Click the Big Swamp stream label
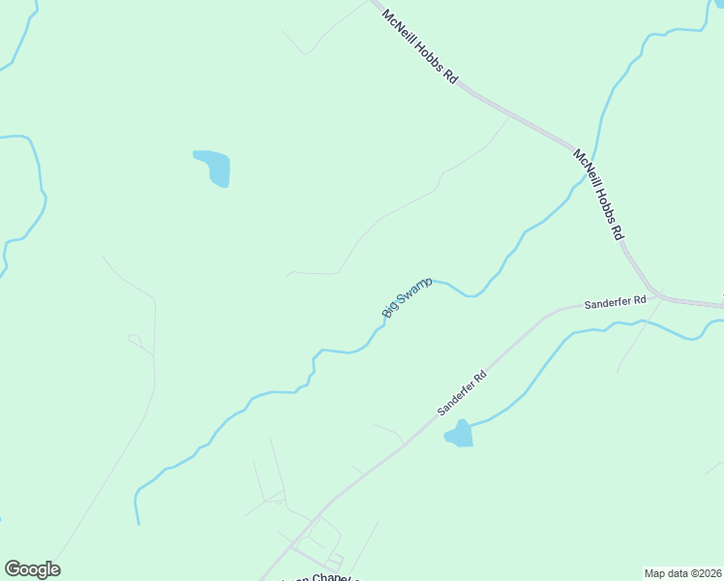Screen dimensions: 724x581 pos(407,296)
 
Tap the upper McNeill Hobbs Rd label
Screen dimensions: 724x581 pos(420,46)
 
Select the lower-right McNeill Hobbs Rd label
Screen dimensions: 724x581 pos(598,195)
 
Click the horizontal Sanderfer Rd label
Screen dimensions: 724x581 pos(615,303)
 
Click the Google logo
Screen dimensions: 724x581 pos(32,569)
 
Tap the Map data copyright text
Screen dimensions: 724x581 pos(683,572)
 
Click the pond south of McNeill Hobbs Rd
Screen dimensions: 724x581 pos(214,167)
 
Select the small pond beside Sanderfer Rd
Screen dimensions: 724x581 pos(459,434)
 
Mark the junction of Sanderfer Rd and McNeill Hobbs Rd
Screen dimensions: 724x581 pos(658,293)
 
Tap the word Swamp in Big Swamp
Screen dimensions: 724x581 pos(413,290)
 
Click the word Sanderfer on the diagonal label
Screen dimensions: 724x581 pos(455,396)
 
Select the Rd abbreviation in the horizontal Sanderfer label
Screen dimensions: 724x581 pos(639,301)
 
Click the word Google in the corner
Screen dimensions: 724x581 pos(32,569)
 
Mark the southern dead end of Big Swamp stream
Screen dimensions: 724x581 pos(139,524)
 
